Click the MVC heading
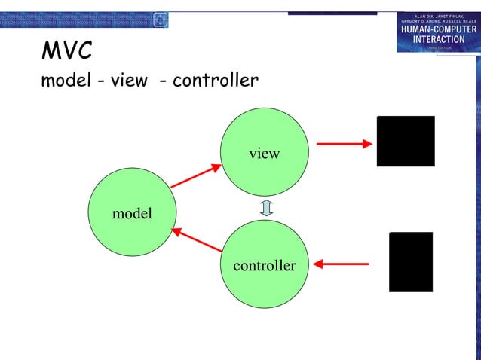coord(67,51)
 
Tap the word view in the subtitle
coord(129,79)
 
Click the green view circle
coord(264,148)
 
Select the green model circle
coord(132,212)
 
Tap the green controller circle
coord(264,264)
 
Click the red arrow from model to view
coord(195,177)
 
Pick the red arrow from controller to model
coord(198,239)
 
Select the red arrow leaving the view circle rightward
coord(343,142)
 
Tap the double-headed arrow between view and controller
coord(265,207)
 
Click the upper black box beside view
coord(406,142)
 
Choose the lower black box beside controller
coord(411,262)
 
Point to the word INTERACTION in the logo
coord(438,39)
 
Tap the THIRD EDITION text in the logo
coord(438,47)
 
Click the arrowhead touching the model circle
coord(176,230)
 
